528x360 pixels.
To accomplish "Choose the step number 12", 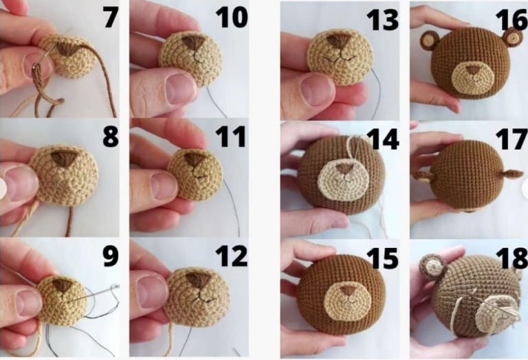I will tap(231, 256).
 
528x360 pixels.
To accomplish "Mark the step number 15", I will tap(382, 258).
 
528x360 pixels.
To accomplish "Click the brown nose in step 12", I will tap(198, 280).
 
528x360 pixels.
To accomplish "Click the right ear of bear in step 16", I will tap(512, 38).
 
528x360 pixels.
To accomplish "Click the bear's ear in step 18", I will tap(433, 266).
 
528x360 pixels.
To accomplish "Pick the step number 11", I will tap(231, 137).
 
